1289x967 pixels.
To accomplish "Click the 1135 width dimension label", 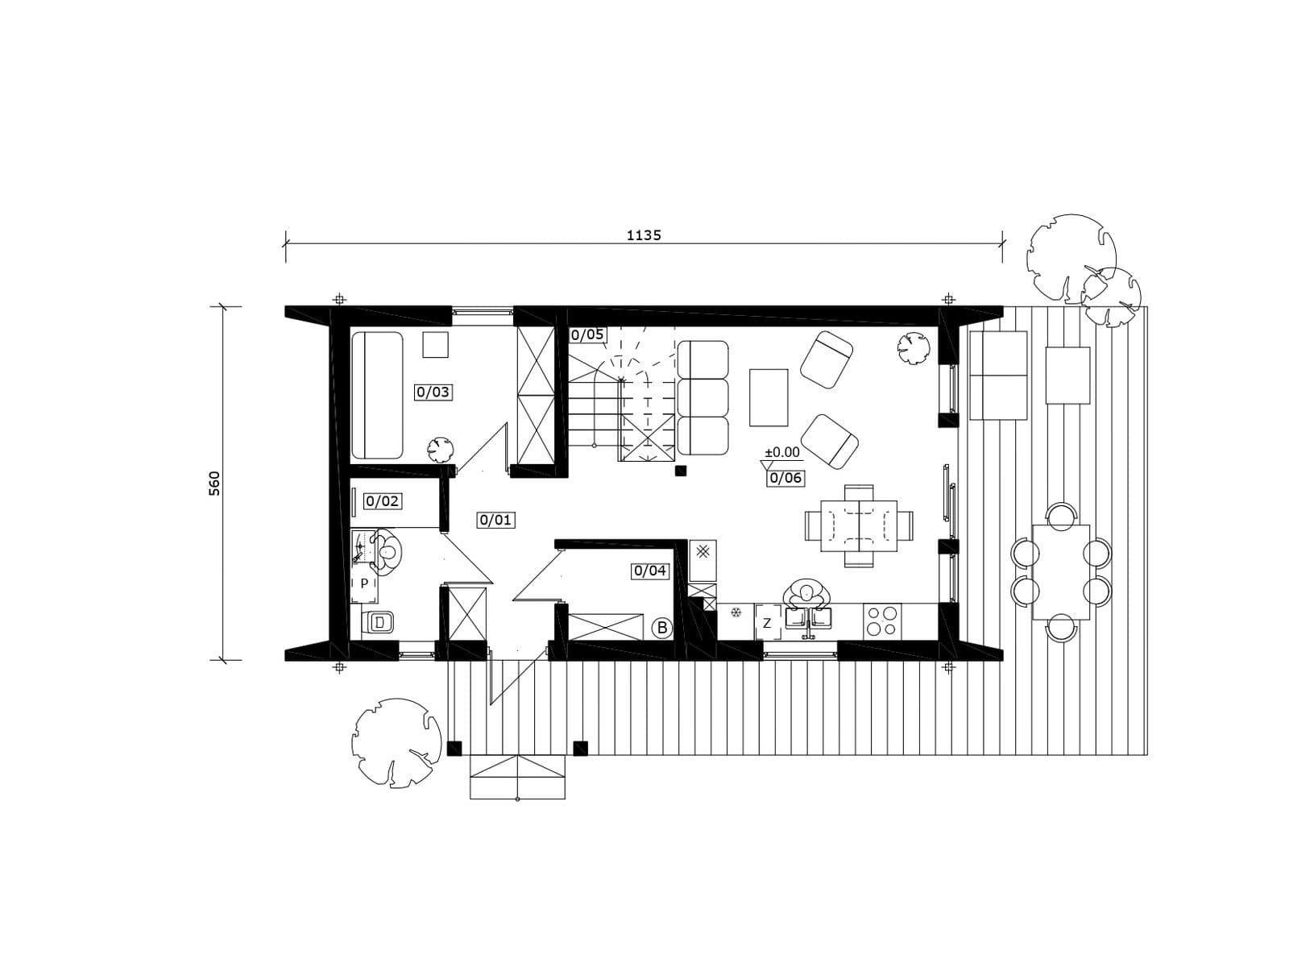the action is pos(644,235).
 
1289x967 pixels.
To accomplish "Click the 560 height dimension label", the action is pos(214,483).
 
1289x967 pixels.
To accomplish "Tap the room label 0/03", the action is pos(433,392).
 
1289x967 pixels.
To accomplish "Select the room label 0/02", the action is pos(382,500).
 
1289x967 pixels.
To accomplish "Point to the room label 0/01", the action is pos(495,520).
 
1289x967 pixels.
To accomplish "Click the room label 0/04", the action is pos(650,570).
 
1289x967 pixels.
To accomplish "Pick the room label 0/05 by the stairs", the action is pos(587,334).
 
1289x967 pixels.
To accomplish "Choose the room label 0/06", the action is pos(785,478).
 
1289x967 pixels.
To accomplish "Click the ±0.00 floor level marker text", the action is pos(782,452).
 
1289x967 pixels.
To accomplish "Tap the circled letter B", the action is pos(662,628).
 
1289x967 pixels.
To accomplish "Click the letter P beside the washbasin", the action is pos(364,583).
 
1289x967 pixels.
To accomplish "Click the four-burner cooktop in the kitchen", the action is pos(882,620).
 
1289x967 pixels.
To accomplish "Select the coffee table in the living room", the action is pos(768,397).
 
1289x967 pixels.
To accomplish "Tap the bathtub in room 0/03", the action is pos(377,395).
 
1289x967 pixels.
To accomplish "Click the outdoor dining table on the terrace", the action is pos(1060,572).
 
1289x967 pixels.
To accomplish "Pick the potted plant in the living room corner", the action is pos(913,348).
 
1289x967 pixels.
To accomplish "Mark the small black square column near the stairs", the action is pos(681,471).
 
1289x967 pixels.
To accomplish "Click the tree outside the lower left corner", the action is pos(396,741).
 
